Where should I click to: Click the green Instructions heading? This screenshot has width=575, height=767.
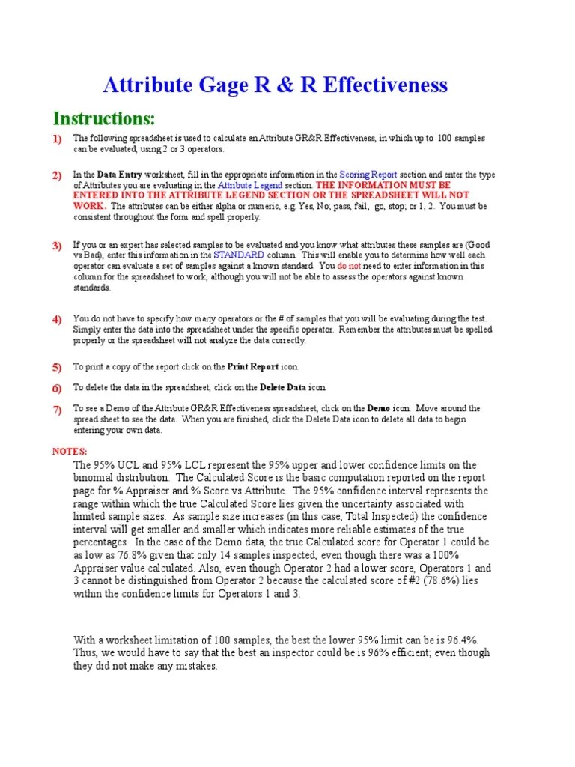(104, 118)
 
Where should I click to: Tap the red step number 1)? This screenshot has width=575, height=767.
(57, 139)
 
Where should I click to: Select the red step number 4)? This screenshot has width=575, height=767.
(57, 321)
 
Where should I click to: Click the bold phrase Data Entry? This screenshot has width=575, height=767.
(119, 175)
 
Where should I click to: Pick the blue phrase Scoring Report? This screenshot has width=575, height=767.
(371, 175)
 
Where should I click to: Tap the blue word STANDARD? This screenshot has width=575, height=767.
(238, 255)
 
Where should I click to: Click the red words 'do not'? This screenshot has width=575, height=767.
(350, 266)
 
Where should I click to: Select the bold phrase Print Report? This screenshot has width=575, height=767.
(252, 367)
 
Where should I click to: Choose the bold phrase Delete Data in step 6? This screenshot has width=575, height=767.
(283, 388)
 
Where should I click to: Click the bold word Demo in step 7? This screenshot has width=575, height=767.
(377, 409)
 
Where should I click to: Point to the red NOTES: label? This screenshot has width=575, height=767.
(70, 452)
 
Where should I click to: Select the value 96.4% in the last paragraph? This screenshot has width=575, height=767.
(459, 639)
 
